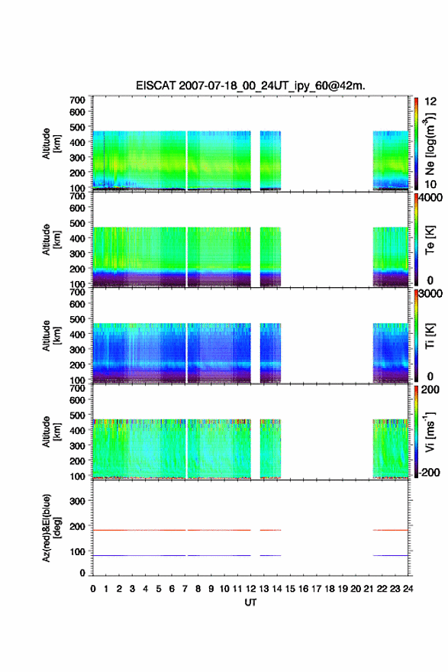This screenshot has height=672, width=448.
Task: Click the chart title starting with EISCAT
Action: tap(250, 86)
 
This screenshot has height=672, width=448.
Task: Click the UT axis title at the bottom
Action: tap(250, 603)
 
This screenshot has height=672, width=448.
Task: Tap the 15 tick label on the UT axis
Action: tap(290, 589)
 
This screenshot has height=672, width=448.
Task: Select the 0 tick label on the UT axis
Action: tap(93, 589)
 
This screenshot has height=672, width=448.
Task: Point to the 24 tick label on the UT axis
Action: tap(408, 589)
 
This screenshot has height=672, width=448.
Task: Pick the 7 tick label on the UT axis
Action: tap(185, 589)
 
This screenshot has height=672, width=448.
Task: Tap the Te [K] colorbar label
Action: tap(430, 240)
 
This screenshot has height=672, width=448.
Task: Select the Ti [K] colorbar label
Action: tap(430, 336)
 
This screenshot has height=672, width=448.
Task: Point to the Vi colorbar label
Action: tap(430, 431)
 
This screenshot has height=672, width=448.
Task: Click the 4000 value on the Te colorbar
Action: tap(430, 198)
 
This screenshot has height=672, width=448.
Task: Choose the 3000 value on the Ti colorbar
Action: tap(430, 293)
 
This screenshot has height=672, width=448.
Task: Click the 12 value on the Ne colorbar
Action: tap(430, 102)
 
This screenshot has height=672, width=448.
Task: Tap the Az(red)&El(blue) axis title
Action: tap(50, 528)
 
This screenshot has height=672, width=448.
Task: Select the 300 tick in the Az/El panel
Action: tap(77, 501)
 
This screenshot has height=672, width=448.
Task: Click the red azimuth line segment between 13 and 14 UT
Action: tap(270, 530)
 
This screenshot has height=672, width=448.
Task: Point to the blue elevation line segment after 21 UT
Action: tap(390, 555)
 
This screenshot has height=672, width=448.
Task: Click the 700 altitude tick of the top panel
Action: tap(77, 100)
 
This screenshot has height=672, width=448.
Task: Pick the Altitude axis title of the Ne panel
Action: tap(51, 144)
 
